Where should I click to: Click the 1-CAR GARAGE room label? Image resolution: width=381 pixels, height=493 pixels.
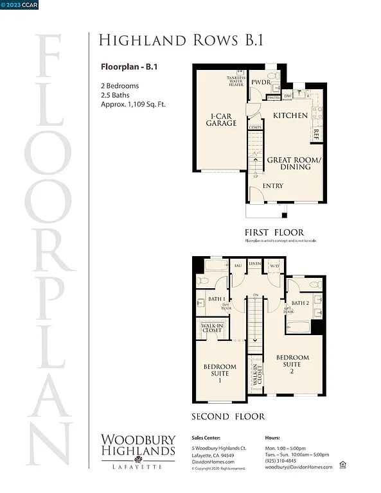(x=217, y=119)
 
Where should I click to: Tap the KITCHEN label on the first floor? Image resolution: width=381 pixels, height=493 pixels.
(x=290, y=116)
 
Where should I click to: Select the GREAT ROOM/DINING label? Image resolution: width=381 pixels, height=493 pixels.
(x=288, y=162)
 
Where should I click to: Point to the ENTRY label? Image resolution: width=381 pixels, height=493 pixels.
(x=273, y=186)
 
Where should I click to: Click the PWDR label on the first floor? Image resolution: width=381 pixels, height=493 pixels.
(x=260, y=82)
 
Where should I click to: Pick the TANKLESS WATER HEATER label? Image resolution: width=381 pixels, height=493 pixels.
(x=235, y=81)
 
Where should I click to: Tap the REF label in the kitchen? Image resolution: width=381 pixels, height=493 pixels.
(x=316, y=134)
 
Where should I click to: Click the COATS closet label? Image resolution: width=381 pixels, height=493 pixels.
(x=255, y=128)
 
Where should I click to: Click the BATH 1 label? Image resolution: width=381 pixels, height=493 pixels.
(x=216, y=299)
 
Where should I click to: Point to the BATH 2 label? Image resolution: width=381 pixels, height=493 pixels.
(x=300, y=303)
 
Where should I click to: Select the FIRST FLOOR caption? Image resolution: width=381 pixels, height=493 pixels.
(x=274, y=232)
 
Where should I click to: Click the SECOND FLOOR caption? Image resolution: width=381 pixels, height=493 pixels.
(x=228, y=416)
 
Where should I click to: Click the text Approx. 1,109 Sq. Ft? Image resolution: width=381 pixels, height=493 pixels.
(x=133, y=104)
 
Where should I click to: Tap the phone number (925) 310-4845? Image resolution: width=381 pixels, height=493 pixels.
(x=281, y=461)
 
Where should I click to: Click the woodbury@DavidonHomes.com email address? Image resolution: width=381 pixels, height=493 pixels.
(x=299, y=467)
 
